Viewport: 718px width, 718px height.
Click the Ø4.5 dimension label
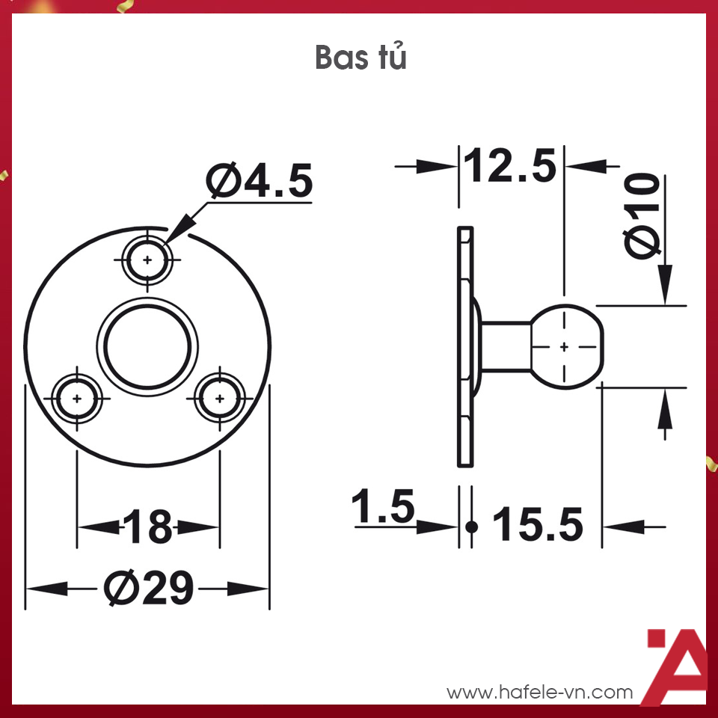(260, 181)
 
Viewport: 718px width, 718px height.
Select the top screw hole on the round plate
(148, 260)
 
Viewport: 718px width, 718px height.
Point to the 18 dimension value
(148, 527)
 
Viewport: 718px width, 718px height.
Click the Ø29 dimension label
(148, 589)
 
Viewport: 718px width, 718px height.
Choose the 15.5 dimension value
(537, 526)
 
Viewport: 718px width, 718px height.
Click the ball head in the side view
(567, 346)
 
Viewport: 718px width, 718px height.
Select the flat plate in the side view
(465, 346)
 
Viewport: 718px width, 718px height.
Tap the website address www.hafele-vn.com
(539, 693)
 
